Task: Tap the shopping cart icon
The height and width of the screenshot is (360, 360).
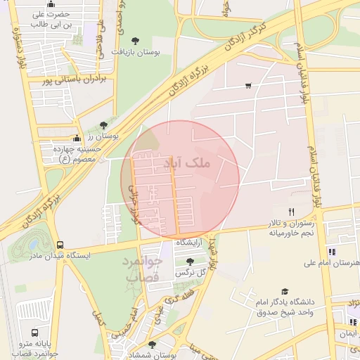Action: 248,86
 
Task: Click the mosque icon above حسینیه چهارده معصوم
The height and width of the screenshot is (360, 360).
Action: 77,139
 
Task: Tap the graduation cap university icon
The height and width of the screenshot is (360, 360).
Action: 285,292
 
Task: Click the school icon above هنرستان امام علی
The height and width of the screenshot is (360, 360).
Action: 331,252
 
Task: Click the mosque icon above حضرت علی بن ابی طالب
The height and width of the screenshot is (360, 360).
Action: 50,5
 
